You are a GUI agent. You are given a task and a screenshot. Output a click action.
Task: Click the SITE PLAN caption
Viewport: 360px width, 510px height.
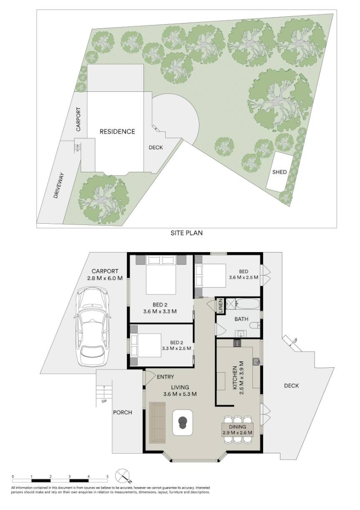tap(186, 233)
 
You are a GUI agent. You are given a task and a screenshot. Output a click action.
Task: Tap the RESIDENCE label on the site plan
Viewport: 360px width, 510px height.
tap(117, 131)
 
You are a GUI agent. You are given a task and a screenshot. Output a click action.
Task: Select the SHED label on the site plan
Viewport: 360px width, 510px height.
tap(279, 172)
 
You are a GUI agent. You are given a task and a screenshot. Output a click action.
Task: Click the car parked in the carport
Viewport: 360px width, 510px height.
tap(92, 326)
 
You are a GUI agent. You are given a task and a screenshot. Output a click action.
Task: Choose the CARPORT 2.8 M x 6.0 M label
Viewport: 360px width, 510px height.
tap(105, 275)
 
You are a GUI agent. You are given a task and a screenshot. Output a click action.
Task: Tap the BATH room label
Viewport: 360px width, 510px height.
tap(241, 319)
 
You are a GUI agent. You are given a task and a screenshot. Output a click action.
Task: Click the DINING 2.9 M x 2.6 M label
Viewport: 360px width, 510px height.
tap(238, 430)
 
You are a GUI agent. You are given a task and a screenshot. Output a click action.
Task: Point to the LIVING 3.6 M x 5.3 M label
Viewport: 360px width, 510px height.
tap(180, 390)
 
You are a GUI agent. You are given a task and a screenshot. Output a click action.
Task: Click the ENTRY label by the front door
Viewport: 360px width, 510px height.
tap(165, 377)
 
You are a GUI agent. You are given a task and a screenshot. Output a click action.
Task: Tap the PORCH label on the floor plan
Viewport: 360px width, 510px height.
tap(122, 412)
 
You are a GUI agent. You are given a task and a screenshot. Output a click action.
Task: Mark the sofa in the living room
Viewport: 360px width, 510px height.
tap(157, 423)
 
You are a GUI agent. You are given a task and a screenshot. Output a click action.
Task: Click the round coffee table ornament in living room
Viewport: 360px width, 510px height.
tap(183, 422)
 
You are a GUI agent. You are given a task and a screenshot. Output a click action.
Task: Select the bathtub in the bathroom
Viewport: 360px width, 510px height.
tap(248, 304)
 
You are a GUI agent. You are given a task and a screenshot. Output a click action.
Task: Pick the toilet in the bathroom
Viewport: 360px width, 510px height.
tap(255, 325)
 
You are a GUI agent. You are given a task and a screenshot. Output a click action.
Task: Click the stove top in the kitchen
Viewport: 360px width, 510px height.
tap(237, 343)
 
